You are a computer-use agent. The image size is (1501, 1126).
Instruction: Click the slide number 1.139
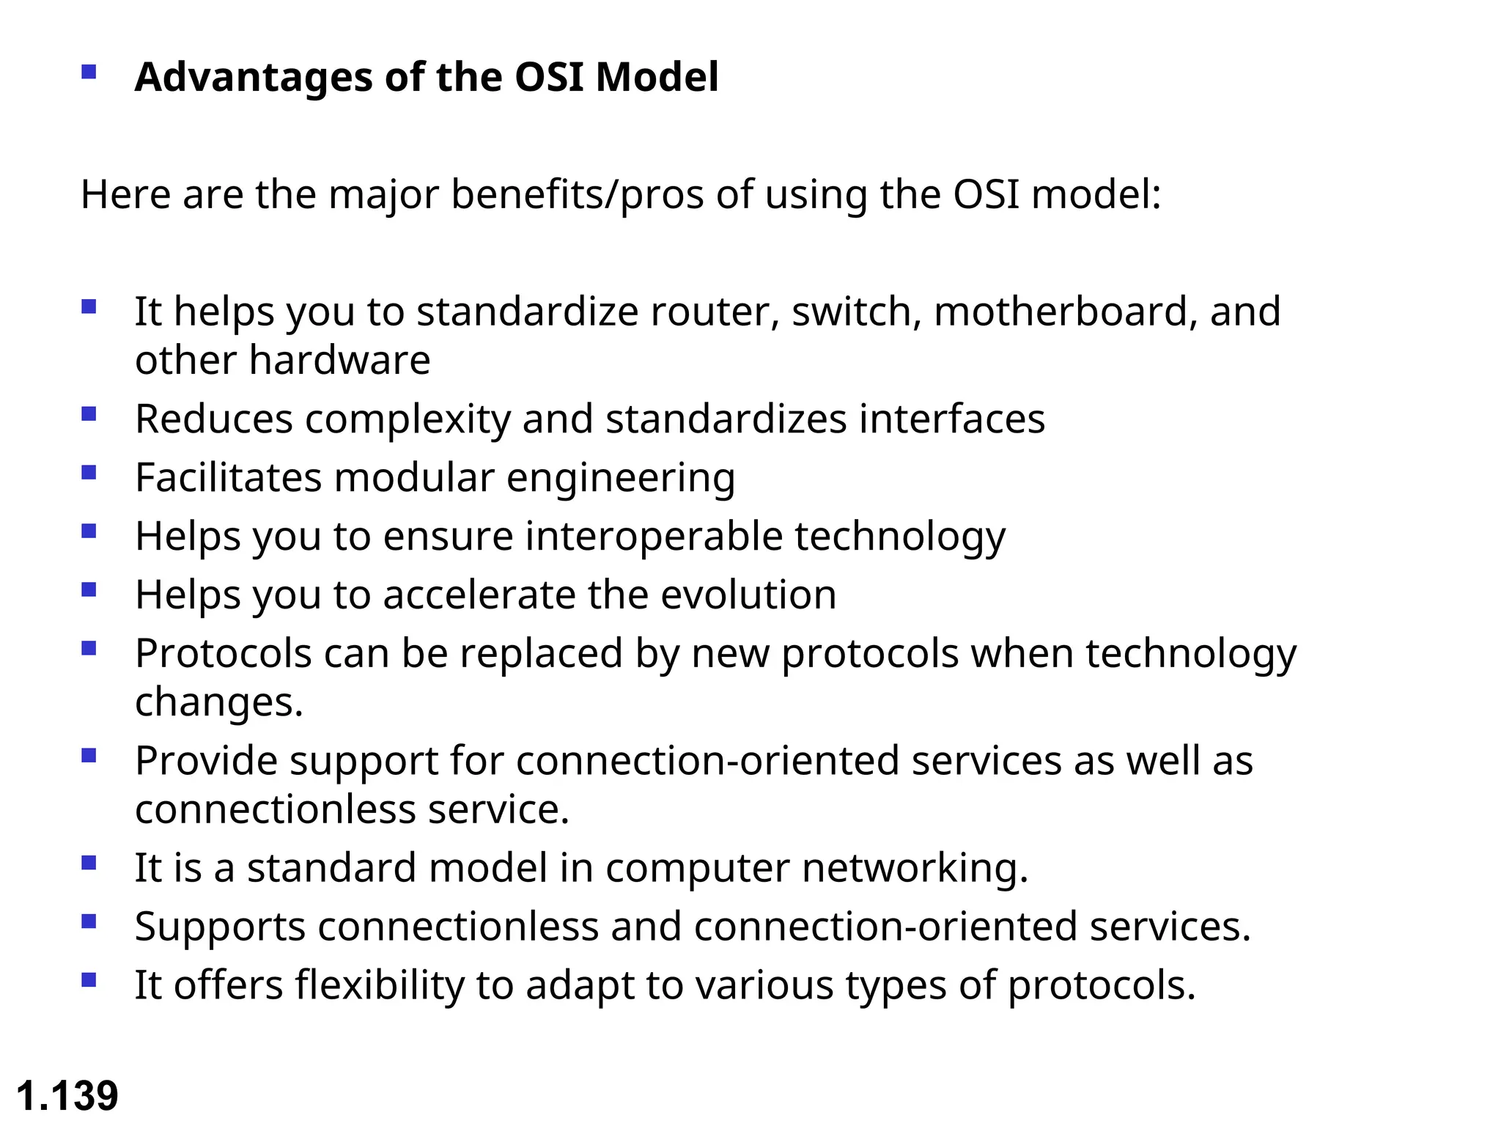(67, 1095)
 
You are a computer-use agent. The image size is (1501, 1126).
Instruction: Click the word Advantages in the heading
(254, 77)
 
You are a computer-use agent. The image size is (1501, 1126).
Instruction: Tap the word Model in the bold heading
(657, 77)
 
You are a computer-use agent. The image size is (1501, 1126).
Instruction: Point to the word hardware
(339, 360)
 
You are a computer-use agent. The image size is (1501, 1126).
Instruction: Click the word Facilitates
(228, 477)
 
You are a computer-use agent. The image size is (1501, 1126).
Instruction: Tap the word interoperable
(654, 536)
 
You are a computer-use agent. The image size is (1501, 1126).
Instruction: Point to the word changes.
(218, 702)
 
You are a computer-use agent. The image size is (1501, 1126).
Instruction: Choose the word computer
(697, 868)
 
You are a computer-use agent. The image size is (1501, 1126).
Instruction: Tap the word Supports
(220, 927)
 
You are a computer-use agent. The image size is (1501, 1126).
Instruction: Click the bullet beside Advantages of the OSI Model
(89, 72)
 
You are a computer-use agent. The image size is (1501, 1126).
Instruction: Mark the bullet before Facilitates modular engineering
(89, 473)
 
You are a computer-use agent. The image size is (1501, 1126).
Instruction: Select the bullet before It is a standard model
(89, 863)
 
